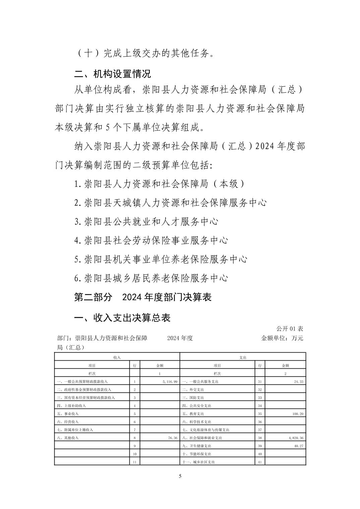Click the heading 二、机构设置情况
(x=112, y=73)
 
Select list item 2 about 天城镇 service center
(x=170, y=203)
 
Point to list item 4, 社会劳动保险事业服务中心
(x=151, y=240)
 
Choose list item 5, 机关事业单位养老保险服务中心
(x=161, y=259)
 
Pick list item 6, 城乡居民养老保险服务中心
(x=151, y=278)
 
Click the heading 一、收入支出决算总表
(x=122, y=317)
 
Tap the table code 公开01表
(x=290, y=329)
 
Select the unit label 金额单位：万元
(x=282, y=338)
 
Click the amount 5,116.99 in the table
(x=169, y=381)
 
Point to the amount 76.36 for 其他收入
(x=171, y=438)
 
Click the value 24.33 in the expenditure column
(x=299, y=381)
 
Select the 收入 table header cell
(x=117, y=357)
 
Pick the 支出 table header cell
(x=243, y=357)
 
